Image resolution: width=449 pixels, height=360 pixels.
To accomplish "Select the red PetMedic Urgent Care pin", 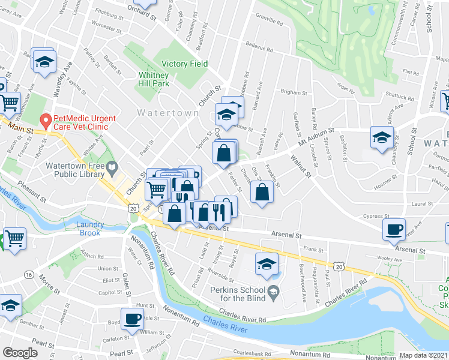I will (x=44, y=120).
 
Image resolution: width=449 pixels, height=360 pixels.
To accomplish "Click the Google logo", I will (x=20, y=353).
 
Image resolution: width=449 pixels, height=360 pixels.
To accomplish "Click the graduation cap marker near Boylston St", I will (x=382, y=137).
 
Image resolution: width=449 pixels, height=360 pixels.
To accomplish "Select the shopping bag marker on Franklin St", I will (x=262, y=192).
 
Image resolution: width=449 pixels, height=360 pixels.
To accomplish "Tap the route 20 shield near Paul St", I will (x=339, y=265).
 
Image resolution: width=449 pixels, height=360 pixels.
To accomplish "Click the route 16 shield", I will (x=28, y=274).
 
